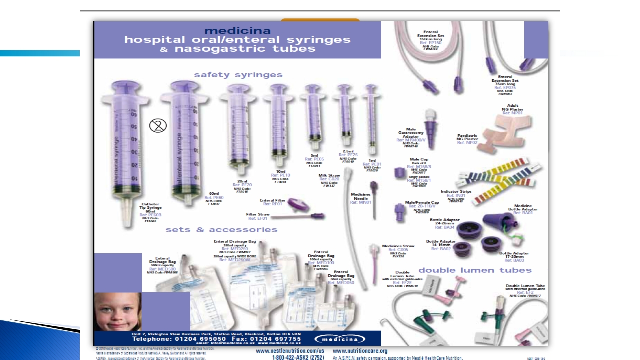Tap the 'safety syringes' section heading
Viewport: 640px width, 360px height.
pyautogui.click(x=238, y=75)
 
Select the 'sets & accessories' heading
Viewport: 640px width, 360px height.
pyautogui.click(x=221, y=230)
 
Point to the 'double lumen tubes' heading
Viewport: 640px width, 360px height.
pyautogui.click(x=475, y=270)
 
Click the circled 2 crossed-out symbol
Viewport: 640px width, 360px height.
pyautogui.click(x=158, y=126)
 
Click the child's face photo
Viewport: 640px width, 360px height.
pyautogui.click(x=117, y=311)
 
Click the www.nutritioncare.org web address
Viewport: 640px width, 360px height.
pyautogui.click(x=360, y=351)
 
